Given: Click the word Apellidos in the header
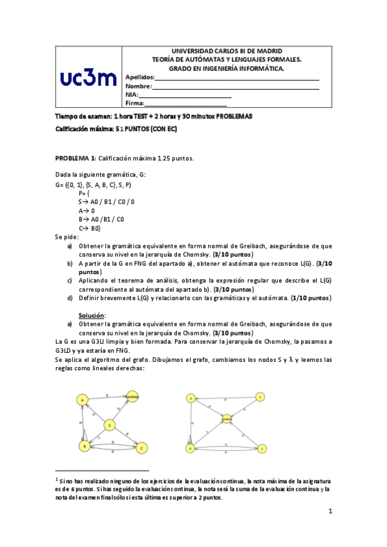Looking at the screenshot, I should (x=140, y=77).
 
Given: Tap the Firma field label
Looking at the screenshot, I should (x=134, y=103).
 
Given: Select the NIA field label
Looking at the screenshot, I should (x=132, y=95).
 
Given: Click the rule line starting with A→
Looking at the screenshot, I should (x=87, y=210).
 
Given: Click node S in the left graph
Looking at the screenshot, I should (x=110, y=424).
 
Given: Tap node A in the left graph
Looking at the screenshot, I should (x=83, y=400).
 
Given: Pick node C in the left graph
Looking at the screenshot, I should (x=142, y=447).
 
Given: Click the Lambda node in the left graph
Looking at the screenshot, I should (x=132, y=396).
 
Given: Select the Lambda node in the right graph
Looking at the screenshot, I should (x=227, y=419).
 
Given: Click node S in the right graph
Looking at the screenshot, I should (x=260, y=397).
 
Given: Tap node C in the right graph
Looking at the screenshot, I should (x=262, y=448).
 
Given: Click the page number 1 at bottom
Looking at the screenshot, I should (x=329, y=512).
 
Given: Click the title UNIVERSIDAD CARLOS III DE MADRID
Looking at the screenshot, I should (x=225, y=51).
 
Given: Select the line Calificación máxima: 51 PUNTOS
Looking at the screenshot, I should (x=116, y=129).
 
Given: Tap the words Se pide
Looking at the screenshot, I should (x=67, y=237).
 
